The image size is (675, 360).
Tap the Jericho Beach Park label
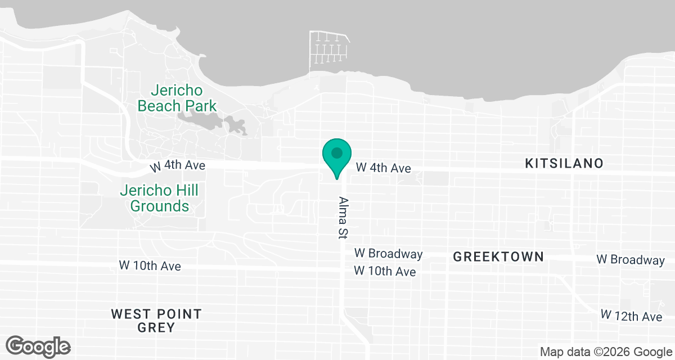177,98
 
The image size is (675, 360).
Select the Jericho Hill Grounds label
160,198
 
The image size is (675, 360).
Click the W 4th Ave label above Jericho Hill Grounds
177,166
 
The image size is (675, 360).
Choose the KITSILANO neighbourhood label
564,163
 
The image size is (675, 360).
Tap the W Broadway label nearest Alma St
388,254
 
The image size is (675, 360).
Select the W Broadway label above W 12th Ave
630,260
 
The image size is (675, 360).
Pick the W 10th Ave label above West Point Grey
150,265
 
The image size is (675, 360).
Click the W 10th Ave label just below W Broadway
385,272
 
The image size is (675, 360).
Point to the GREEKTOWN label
498,257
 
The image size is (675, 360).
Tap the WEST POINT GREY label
156,320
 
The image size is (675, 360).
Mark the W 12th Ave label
631,316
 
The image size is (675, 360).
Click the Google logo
38,346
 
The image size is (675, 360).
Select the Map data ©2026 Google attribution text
605,352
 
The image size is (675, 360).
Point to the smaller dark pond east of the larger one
236,125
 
